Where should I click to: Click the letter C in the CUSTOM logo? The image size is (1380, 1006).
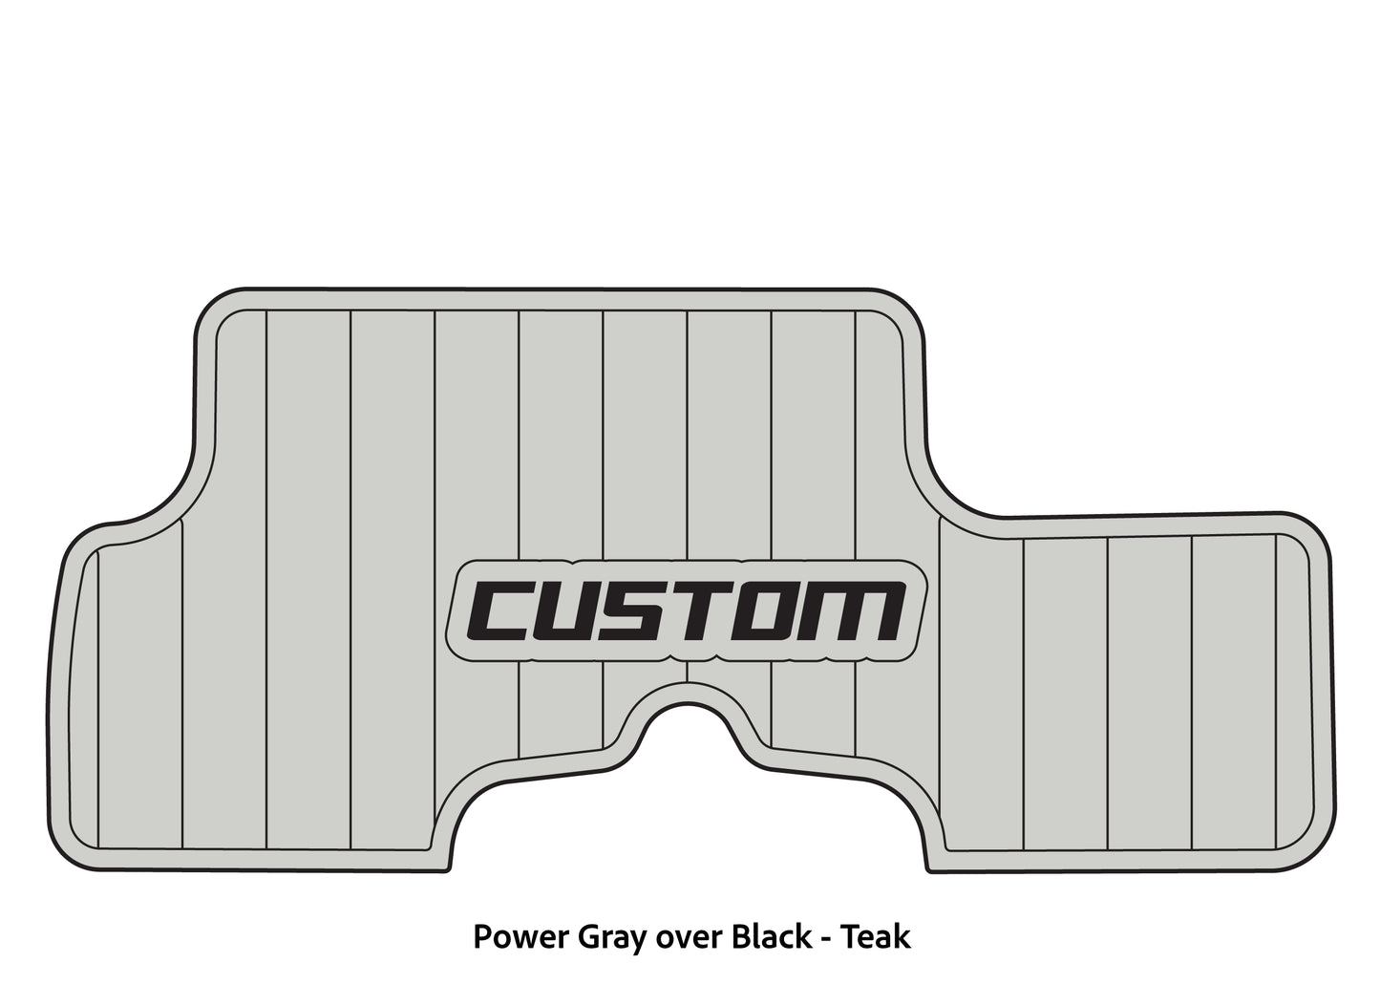tap(507, 610)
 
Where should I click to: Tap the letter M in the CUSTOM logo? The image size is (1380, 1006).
tap(851, 610)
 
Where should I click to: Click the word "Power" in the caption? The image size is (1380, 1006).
tap(520, 937)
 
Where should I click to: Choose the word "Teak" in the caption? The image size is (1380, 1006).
tap(876, 936)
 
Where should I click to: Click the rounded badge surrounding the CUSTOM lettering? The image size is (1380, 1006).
tap(687, 610)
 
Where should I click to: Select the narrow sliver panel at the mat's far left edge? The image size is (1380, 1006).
tap(84, 696)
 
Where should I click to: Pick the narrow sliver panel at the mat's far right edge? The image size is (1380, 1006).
tap(1292, 691)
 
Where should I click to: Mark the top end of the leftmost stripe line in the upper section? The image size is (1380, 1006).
tap(266, 310)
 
